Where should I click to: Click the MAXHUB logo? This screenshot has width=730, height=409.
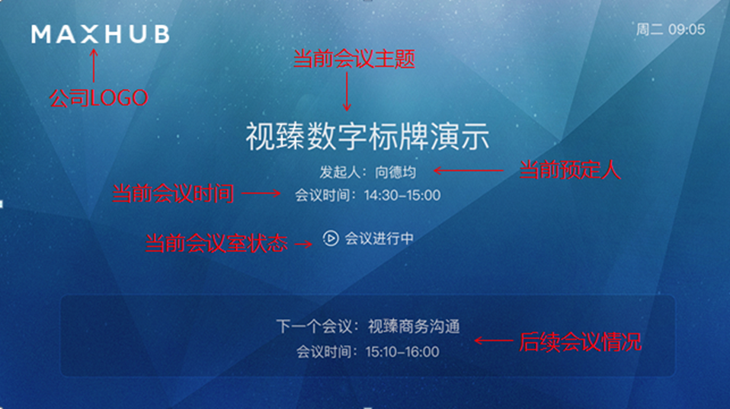point(100,34)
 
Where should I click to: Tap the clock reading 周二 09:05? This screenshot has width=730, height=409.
point(671,30)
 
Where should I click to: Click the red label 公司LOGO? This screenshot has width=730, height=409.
point(98,98)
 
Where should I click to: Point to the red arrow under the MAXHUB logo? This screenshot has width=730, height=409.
point(94,66)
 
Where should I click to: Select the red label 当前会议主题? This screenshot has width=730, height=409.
point(354,59)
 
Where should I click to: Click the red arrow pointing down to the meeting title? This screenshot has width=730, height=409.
point(347,93)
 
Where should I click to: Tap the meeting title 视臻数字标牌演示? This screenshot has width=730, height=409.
point(367,138)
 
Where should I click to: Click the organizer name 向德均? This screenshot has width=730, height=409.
point(396,172)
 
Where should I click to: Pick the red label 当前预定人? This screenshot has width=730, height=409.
point(571,170)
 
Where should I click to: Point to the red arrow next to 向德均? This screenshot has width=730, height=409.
point(469,171)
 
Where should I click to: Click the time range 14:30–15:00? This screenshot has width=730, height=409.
point(402,195)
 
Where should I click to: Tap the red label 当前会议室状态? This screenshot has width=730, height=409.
point(216,243)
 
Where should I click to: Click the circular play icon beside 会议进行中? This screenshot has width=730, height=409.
point(330,238)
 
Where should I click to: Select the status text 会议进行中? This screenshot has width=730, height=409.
point(379,238)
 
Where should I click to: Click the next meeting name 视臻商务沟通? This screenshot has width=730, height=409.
point(414,327)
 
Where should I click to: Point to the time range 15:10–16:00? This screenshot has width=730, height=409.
point(402,352)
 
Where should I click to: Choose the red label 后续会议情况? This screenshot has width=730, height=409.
point(580,342)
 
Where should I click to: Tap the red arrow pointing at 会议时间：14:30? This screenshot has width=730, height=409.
point(261,195)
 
